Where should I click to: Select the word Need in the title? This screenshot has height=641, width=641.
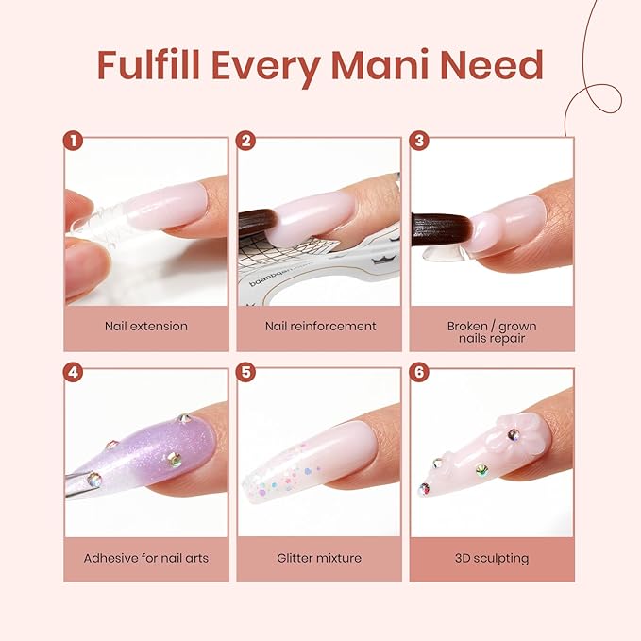click(497, 64)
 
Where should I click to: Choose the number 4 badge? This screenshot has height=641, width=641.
click(73, 372)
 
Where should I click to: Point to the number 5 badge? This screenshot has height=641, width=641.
click(246, 372)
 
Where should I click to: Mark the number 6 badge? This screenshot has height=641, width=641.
click(420, 372)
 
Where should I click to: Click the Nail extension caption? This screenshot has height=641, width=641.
click(146, 327)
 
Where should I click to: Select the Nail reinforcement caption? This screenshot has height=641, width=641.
click(320, 327)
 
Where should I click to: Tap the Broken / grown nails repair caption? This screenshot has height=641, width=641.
click(492, 332)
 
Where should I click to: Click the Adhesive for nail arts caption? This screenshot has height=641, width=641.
click(146, 558)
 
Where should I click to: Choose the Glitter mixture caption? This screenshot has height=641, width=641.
click(320, 558)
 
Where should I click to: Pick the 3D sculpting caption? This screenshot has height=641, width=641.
click(492, 558)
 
